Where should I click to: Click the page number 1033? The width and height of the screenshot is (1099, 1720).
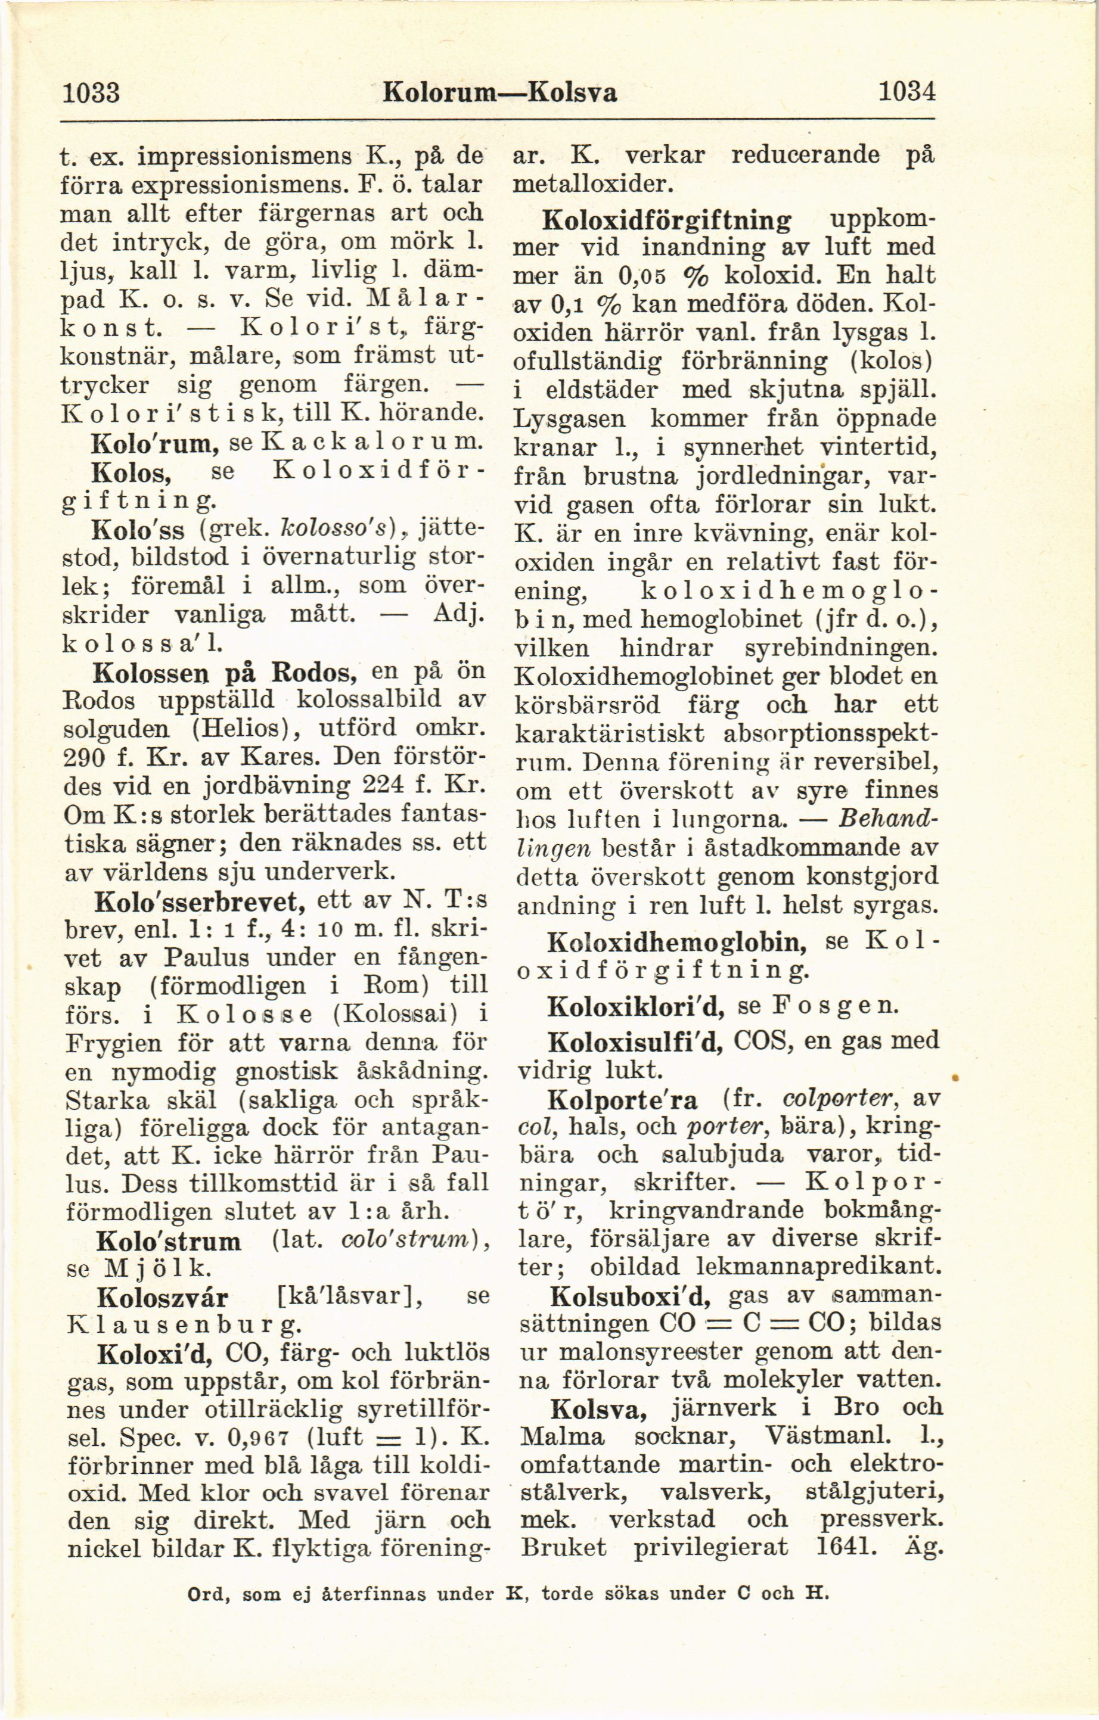(x=91, y=92)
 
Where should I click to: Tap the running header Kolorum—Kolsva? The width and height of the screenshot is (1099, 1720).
(x=499, y=92)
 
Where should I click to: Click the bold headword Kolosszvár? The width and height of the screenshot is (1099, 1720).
(x=162, y=1296)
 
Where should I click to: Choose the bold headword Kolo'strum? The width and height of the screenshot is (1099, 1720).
(x=169, y=1241)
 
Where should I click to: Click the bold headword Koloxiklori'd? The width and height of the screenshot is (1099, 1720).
(x=636, y=1006)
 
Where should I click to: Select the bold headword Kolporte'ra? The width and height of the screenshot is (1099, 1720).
(x=622, y=1099)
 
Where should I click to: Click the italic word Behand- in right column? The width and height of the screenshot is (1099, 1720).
(x=887, y=818)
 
